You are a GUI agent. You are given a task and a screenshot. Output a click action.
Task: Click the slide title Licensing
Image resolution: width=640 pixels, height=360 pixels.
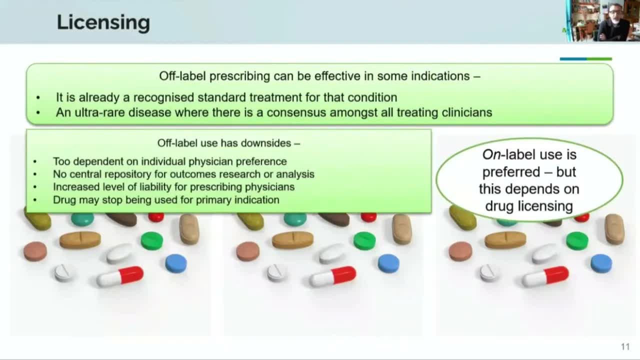click(x=103, y=23)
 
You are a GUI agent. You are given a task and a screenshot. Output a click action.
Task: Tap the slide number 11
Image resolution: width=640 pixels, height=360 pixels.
click(x=625, y=347)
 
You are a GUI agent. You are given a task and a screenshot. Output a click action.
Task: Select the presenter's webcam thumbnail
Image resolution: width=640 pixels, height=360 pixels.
click(x=603, y=21)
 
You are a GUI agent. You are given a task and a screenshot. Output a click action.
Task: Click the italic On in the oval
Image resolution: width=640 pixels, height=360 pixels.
click(x=491, y=155)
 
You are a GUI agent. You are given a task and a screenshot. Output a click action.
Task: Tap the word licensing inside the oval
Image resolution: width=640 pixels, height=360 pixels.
click(x=544, y=206)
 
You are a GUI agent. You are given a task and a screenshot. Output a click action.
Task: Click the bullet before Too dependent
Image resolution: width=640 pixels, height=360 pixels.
click(x=35, y=161)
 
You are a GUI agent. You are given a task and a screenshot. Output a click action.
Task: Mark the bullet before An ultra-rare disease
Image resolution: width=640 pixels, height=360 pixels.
click(x=38, y=113)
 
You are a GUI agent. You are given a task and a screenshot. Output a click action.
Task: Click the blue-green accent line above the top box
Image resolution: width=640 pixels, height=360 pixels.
click(x=585, y=59)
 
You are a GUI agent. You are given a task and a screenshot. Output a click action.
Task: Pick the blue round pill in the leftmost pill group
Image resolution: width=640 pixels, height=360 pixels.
click(x=176, y=263)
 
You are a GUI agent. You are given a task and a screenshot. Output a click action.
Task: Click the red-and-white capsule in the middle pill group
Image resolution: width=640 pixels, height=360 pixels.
click(x=332, y=276)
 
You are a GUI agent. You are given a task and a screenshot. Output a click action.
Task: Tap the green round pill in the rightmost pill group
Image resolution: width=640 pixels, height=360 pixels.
click(x=577, y=241)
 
